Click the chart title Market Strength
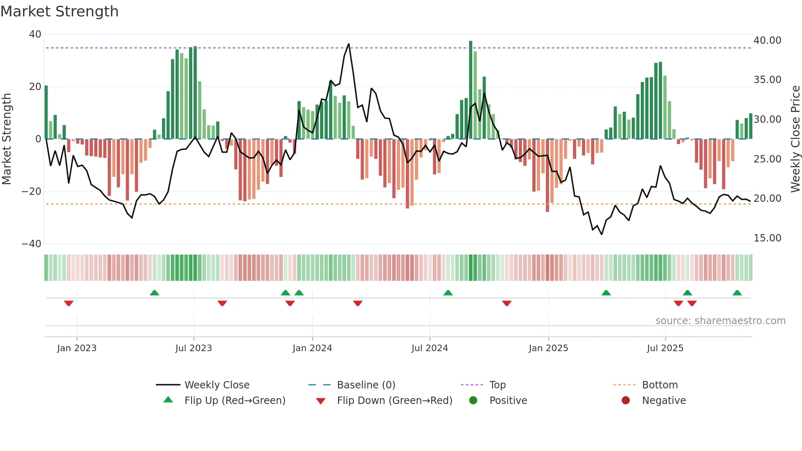coord(59,11)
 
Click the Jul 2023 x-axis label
coord(194,348)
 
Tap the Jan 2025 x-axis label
coord(548,348)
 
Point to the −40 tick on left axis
coord(32,244)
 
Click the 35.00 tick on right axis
coord(767,80)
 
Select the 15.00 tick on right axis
coord(767,238)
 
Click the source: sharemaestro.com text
coord(720,320)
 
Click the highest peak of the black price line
coord(349,44)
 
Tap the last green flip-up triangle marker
coord(737,293)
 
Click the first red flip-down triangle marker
coord(69,303)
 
